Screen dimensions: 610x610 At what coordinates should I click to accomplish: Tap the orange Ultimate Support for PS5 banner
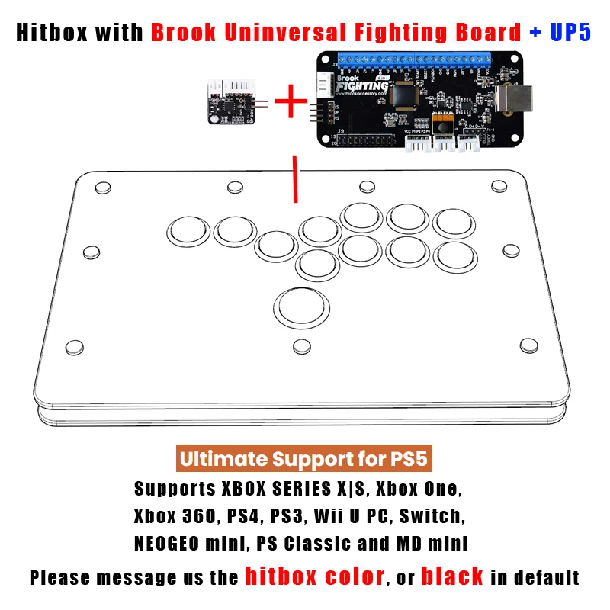(304, 460)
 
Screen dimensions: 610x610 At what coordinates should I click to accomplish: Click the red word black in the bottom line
(452, 576)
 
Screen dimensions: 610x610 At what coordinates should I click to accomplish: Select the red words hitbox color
(313, 576)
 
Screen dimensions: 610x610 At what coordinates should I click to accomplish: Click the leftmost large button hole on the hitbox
(188, 230)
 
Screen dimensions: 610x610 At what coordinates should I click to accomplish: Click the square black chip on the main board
(405, 95)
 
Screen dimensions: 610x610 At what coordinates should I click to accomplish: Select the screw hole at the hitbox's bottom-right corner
(526, 345)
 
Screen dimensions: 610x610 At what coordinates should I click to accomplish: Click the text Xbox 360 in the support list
(175, 515)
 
